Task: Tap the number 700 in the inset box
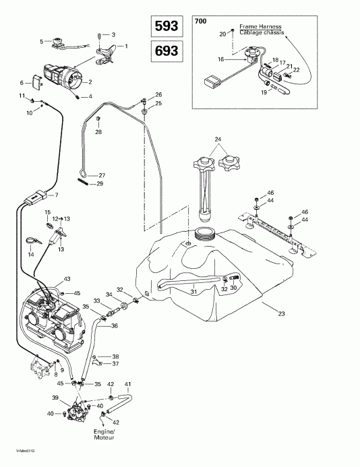point(201,22)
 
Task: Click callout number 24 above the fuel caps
point(218,140)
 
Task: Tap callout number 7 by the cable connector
point(56,195)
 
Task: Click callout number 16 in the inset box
point(220,59)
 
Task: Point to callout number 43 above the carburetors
point(67,279)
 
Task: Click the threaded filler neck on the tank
point(204,234)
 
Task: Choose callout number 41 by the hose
point(127,384)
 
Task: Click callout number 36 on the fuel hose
point(115,326)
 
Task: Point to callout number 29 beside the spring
point(100,184)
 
